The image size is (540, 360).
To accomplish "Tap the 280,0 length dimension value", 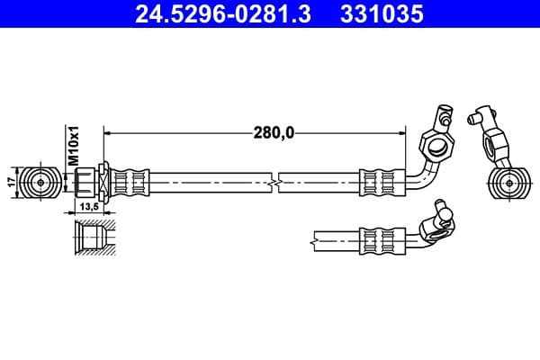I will [273, 133].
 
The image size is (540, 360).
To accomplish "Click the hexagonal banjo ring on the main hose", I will [438, 144].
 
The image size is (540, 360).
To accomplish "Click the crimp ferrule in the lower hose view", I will [379, 240].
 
